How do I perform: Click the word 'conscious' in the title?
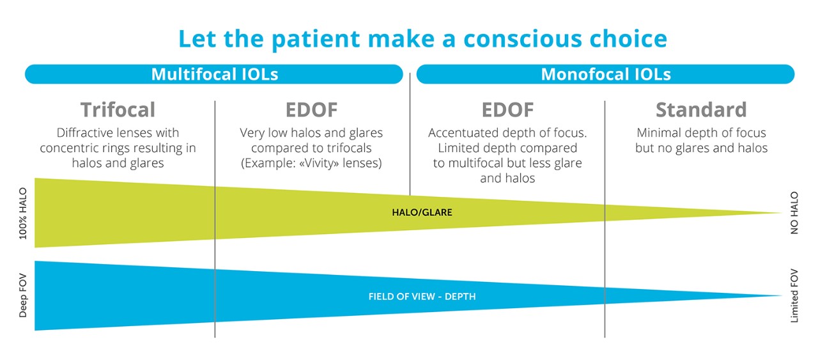point(523,39)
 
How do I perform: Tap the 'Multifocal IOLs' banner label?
point(215,74)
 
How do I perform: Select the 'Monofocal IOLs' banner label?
point(606,74)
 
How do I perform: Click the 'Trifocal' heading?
point(118,109)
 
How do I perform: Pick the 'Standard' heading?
point(701,109)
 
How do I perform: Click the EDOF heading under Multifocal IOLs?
point(311,109)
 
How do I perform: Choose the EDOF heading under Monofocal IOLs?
point(507,109)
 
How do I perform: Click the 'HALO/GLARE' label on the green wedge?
point(422,212)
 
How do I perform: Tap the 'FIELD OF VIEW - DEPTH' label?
point(422,297)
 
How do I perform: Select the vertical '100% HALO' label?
point(23,214)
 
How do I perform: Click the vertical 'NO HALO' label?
point(794,213)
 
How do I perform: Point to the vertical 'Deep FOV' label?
point(23,295)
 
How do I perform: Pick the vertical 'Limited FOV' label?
point(794,295)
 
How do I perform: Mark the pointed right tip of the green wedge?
point(782,213)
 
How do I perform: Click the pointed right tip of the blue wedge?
point(782,295)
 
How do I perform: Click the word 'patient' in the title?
point(316,40)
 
